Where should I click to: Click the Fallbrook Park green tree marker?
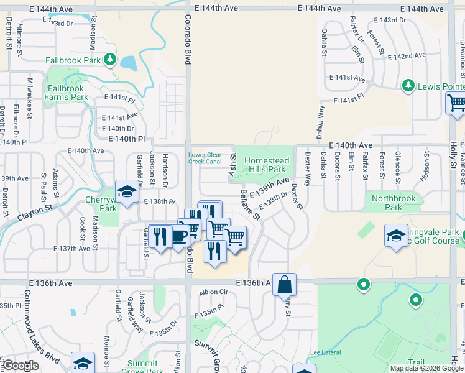tap(110, 60)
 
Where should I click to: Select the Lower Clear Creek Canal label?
tap(205, 158)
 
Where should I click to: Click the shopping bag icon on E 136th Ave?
tap(284, 285)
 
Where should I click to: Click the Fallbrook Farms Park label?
tap(67, 93)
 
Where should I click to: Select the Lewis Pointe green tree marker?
tap(408, 85)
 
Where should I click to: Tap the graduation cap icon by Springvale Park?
tap(396, 236)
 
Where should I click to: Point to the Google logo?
tap(21, 366)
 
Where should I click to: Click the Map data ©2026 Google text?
tap(426, 368)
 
